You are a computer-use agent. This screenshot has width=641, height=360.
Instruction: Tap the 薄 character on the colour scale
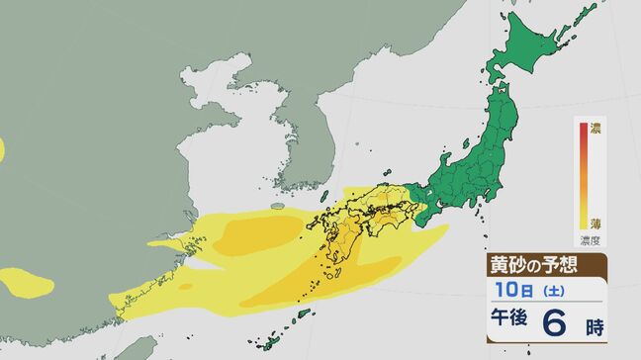595,224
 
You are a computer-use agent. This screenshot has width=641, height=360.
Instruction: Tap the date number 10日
505,293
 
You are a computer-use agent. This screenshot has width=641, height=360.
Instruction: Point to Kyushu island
331,232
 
